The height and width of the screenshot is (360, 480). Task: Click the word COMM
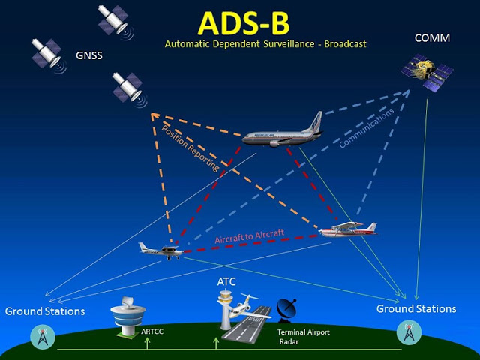point(432,37)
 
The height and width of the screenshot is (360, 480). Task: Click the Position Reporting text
point(190,148)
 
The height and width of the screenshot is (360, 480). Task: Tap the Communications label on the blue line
point(366,128)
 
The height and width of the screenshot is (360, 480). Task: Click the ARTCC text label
point(153,330)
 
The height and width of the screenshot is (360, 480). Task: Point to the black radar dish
point(286,310)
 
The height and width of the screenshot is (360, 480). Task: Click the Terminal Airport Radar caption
point(303,336)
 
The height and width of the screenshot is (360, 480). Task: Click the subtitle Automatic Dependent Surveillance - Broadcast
point(265,44)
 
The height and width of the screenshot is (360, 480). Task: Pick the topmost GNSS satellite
point(115,19)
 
